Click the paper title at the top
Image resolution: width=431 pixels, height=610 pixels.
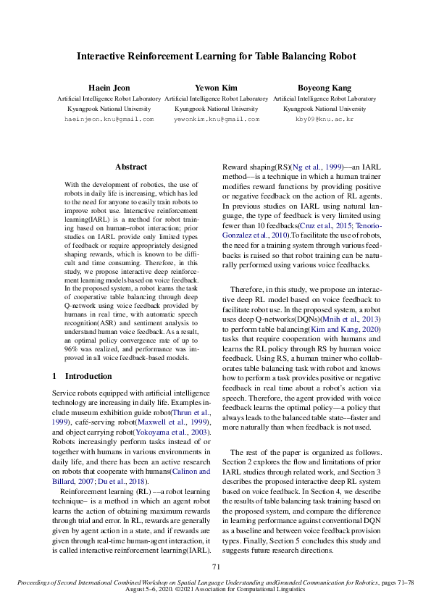(x=216, y=56)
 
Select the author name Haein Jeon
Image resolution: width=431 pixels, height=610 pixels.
(x=109, y=88)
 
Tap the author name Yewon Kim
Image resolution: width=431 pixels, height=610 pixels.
(x=216, y=88)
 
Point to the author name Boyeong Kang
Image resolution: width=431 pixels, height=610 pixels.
(x=324, y=88)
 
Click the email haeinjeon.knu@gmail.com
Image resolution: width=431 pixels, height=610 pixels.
(x=109, y=118)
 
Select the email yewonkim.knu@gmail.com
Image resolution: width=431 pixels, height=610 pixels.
(x=216, y=118)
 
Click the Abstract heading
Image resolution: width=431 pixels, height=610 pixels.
(x=131, y=167)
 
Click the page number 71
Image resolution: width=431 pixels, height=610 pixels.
(x=216, y=567)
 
